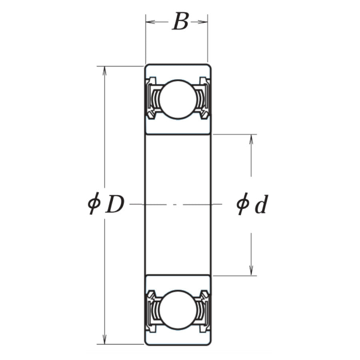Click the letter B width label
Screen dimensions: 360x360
pos(180,22)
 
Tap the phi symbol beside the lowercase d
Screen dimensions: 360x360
pos(242,204)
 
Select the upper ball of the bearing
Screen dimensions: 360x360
pos(177,99)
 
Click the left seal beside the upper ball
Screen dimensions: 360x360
pos(152,99)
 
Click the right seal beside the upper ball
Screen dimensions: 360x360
pos(204,99)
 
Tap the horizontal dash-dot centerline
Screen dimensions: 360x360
pos(176,204)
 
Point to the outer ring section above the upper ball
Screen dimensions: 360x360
pos(177,71)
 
